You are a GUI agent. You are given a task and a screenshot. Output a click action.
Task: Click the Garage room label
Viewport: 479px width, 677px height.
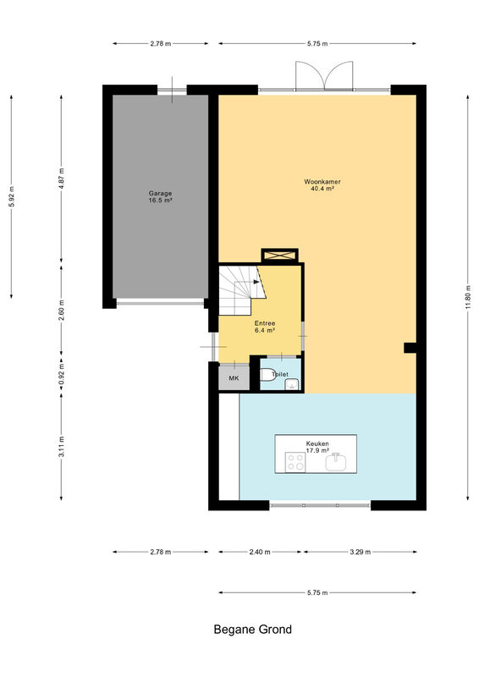click(x=160, y=194)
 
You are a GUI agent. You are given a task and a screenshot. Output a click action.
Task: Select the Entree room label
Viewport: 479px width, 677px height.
click(x=265, y=323)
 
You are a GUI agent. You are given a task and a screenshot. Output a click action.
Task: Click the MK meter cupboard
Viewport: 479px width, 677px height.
click(x=234, y=377)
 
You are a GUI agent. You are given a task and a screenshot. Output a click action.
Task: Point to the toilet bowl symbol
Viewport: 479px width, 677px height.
click(x=267, y=375)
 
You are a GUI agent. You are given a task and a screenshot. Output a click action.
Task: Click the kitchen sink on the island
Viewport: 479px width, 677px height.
click(x=336, y=462)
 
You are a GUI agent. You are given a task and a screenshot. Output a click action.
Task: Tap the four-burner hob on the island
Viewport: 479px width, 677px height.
click(x=295, y=462)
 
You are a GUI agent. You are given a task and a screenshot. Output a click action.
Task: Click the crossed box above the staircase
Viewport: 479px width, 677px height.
click(x=280, y=256)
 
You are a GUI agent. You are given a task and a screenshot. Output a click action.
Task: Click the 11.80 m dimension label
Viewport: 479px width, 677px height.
click(x=468, y=298)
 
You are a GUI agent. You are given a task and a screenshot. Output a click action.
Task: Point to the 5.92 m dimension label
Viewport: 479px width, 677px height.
click(x=12, y=196)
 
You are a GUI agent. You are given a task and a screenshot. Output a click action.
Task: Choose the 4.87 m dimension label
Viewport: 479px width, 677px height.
click(x=61, y=179)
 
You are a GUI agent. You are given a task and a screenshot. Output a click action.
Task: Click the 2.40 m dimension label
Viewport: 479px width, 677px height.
click(x=260, y=552)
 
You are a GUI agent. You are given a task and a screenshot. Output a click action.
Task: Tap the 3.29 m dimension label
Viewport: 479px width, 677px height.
click(x=361, y=552)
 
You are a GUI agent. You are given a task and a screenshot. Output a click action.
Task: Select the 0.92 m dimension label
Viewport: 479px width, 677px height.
click(x=61, y=375)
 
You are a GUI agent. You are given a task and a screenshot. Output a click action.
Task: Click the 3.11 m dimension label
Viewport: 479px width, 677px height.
click(x=61, y=447)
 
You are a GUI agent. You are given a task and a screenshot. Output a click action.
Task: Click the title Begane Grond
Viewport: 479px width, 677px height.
click(x=253, y=630)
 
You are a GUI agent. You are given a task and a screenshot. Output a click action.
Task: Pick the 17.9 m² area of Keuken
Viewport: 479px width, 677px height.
click(x=317, y=450)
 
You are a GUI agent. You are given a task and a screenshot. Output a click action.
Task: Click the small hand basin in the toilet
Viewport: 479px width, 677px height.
click(x=293, y=384)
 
